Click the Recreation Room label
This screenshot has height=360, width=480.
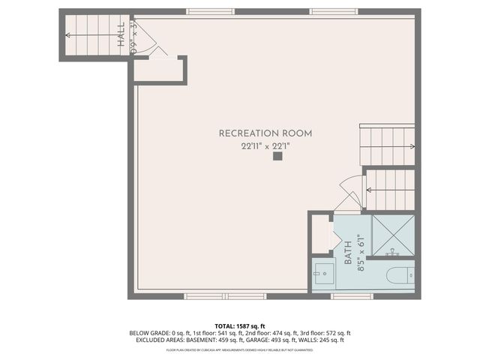click(254, 133)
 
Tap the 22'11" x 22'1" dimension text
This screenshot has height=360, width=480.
click(254, 146)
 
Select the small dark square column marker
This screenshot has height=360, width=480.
click(277, 157)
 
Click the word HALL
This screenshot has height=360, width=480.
click(121, 34)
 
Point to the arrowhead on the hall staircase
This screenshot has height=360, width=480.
click(68, 34)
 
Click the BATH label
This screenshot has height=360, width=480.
click(348, 252)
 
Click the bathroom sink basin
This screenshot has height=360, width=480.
click(323, 274)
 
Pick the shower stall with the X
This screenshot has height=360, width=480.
click(393, 235)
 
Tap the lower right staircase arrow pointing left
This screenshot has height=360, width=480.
click(370, 190)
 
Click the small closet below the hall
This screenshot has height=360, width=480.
click(158, 70)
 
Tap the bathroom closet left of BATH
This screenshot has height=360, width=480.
click(320, 234)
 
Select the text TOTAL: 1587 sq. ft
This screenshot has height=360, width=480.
click(240, 325)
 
